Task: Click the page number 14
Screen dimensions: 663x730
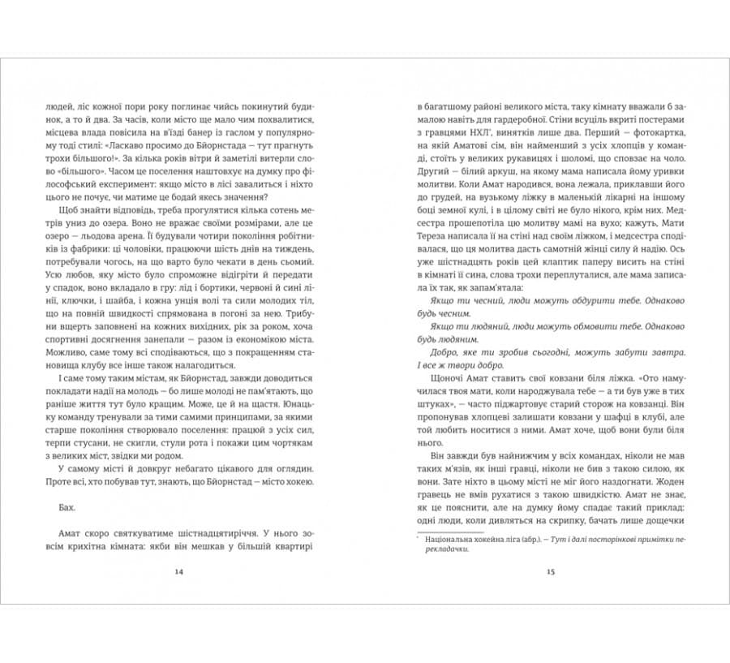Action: coord(179,572)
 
